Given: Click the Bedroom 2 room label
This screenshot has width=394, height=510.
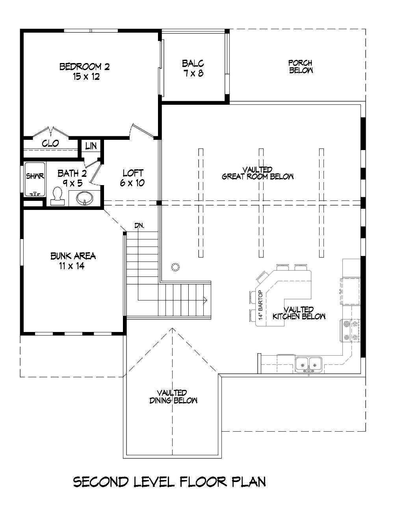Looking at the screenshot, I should (85, 71).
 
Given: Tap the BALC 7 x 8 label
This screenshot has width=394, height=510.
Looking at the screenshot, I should (193, 68).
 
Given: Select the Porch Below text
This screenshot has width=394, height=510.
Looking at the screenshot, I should (301, 67).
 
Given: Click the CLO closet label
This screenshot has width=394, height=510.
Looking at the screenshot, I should (50, 143).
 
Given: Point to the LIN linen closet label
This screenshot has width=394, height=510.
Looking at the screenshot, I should (91, 146).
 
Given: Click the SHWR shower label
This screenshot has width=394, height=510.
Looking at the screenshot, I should (35, 176).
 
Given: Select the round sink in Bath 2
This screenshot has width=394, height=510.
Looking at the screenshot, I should (84, 198).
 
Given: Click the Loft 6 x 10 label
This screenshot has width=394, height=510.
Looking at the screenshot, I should (133, 178).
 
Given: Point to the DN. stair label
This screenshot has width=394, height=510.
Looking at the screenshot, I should (139, 226).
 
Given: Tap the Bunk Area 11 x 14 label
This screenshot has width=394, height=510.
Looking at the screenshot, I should (73, 261).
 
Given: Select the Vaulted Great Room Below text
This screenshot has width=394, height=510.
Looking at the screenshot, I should (258, 173).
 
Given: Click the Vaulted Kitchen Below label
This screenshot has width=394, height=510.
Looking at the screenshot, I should (299, 313).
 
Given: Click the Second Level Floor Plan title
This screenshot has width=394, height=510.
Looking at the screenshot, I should (169, 482).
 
